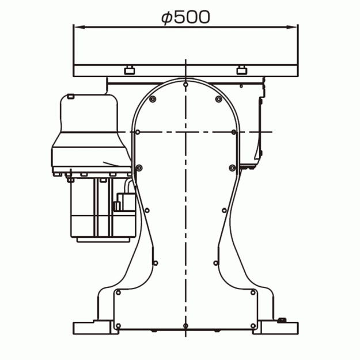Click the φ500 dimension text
tap(185, 17)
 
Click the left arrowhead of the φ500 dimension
tap(79, 27)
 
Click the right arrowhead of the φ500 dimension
tap(292, 27)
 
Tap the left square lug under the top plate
tap(130, 70)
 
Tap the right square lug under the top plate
tap(241, 70)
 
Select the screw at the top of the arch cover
tap(185, 85)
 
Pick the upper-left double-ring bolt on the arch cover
tap(153, 99)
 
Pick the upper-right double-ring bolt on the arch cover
tap(218, 99)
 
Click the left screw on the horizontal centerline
tap(138, 132)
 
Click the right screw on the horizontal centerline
tap(234, 132)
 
